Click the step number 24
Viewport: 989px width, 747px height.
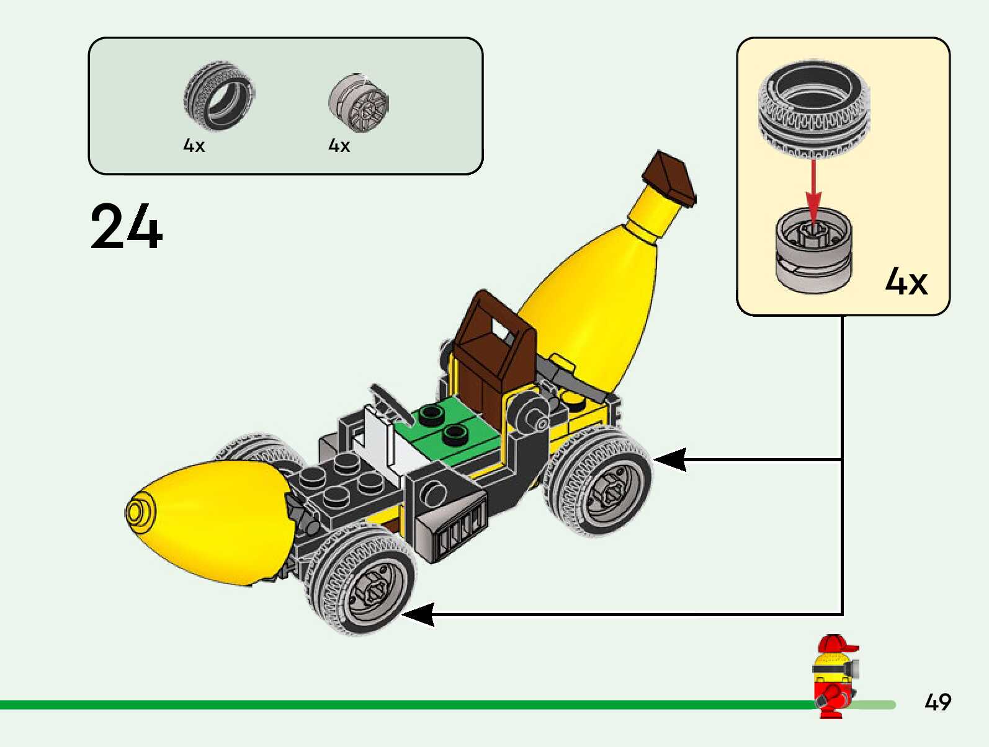[127, 226]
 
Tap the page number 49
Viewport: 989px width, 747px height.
[938, 702]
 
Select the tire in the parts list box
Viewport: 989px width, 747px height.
[220, 96]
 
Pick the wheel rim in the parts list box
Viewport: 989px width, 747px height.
[359, 103]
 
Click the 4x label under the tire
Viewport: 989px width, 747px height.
[194, 145]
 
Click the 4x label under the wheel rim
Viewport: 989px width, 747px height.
[339, 145]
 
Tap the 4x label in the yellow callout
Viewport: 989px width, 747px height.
[906, 281]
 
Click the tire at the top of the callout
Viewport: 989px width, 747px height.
[814, 108]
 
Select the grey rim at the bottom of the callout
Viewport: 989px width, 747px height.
[814, 250]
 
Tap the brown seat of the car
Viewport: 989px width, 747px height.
[493, 355]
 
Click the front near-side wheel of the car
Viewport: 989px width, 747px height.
[360, 580]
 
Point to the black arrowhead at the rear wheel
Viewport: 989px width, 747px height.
[670, 459]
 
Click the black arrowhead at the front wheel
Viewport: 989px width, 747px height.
[418, 614]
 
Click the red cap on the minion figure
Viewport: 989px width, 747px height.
[836, 644]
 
